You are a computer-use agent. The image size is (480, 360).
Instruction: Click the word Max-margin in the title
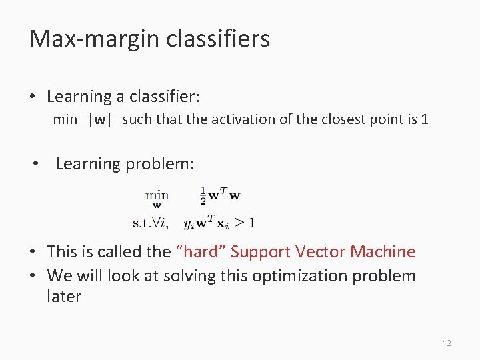pos(83,39)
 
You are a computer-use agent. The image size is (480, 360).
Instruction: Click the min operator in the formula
pos(157,195)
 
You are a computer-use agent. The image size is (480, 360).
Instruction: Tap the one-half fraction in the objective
pos(203,196)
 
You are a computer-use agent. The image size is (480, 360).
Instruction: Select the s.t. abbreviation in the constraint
pos(142,222)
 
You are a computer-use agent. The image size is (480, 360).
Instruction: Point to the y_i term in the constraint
pos(189,223)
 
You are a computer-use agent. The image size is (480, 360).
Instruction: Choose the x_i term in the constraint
pos(220,223)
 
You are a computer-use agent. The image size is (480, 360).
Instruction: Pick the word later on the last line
pos(64,297)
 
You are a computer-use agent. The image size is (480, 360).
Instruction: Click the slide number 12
pos(446,343)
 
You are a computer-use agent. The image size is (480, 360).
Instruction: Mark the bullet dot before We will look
pos(33,276)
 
